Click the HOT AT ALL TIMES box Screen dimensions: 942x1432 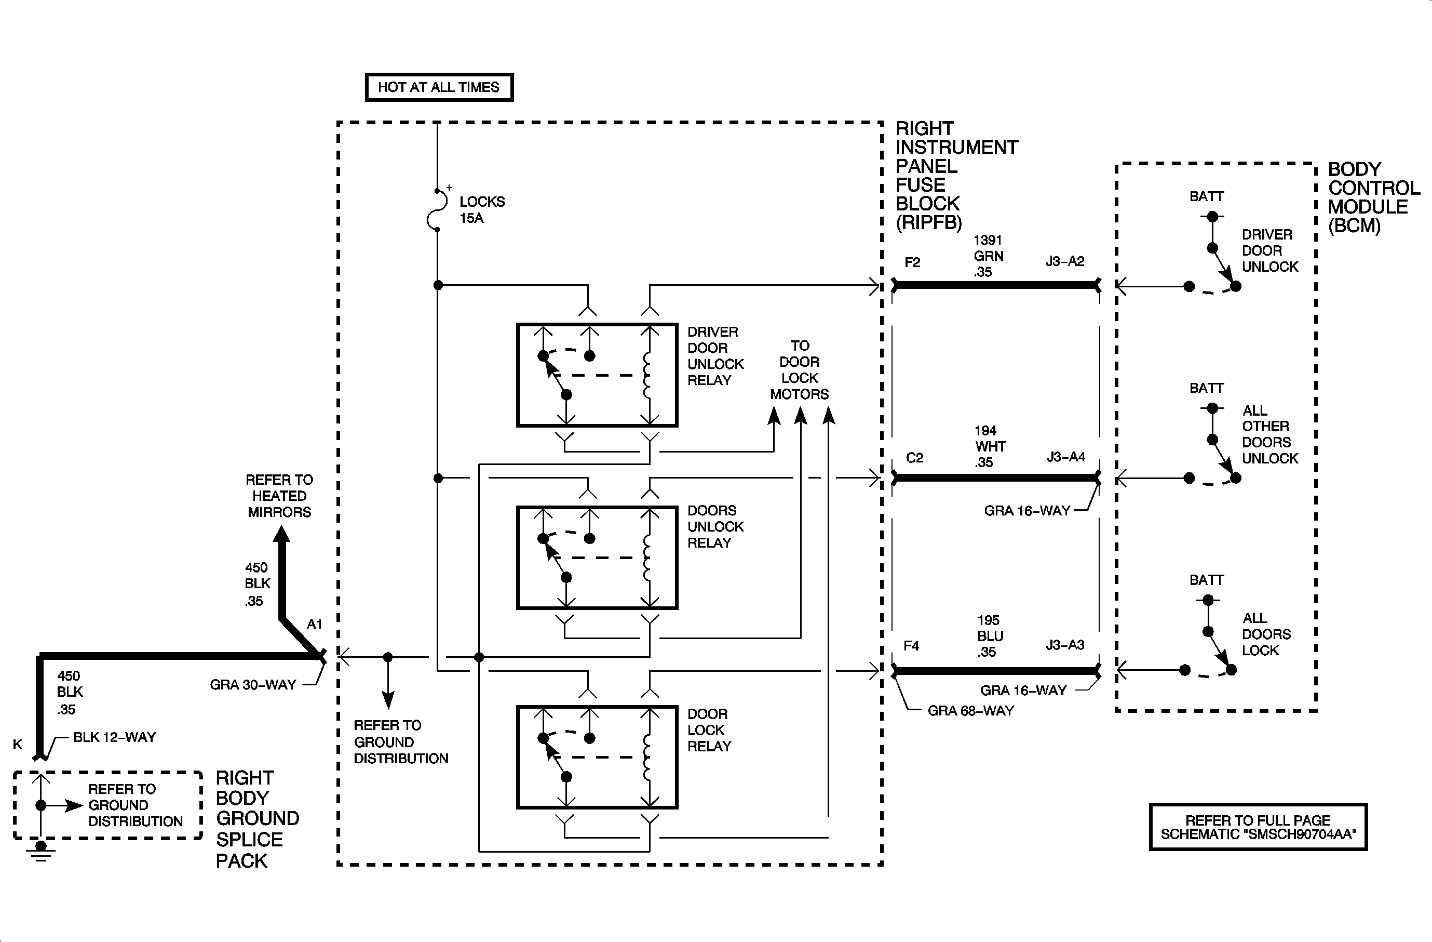click(x=439, y=87)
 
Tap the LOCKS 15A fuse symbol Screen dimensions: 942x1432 click(x=437, y=210)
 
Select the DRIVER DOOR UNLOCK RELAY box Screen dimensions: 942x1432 click(x=597, y=375)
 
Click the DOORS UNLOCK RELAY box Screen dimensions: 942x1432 click(x=597, y=558)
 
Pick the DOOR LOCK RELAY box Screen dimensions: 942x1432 click(x=597, y=757)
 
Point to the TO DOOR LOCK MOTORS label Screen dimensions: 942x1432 click(x=799, y=370)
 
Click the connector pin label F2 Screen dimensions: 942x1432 click(x=912, y=262)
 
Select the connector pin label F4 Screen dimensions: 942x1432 click(x=911, y=646)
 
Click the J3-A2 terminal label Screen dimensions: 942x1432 click(x=1064, y=261)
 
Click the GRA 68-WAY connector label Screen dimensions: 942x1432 click(x=970, y=711)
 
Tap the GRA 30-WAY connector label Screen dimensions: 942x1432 click(x=253, y=685)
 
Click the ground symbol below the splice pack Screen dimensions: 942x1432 click(x=40, y=850)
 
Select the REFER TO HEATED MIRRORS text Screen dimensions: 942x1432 click(x=279, y=496)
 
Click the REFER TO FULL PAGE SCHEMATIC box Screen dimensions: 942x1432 click(x=1258, y=827)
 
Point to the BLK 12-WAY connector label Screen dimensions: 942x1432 click(x=114, y=737)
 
